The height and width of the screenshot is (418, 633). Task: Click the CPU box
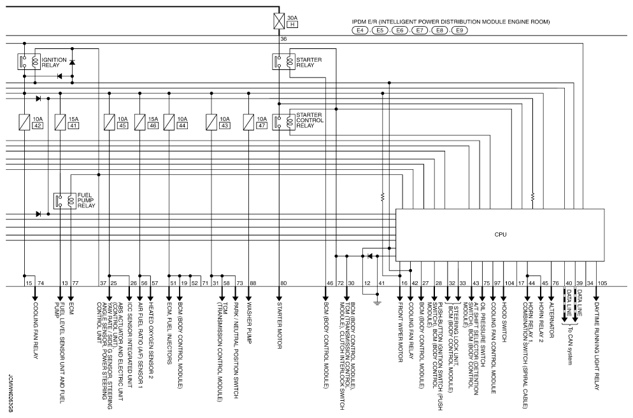(x=501, y=234)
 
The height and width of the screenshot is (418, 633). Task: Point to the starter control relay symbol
(x=280, y=121)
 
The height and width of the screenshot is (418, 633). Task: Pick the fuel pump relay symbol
(x=62, y=201)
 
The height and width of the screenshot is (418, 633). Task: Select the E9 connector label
(x=460, y=30)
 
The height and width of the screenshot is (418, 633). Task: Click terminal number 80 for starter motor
(x=284, y=282)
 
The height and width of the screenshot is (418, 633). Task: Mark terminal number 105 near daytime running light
(x=603, y=282)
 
